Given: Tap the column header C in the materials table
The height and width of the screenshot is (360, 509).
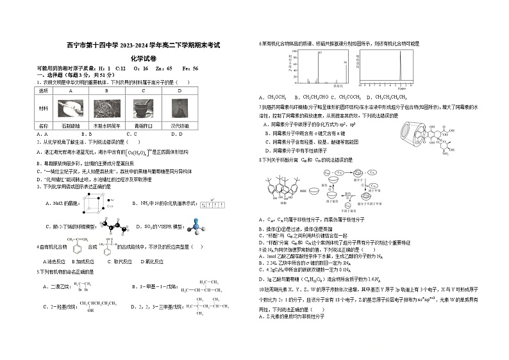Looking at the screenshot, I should (x=143, y=91).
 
